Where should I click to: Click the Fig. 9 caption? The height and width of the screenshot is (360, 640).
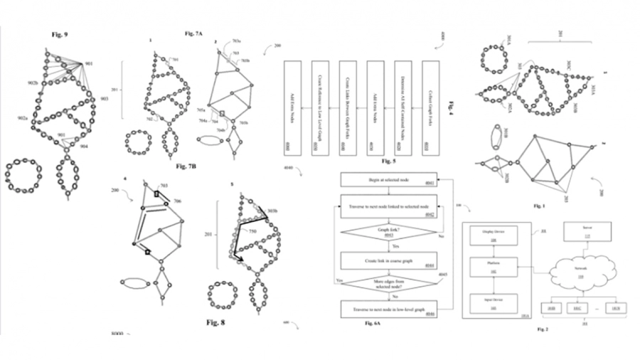(58, 33)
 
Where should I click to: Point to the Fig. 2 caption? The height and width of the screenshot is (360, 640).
(543, 329)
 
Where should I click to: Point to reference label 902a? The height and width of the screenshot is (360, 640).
(22, 118)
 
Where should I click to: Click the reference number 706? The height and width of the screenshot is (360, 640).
(177, 201)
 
